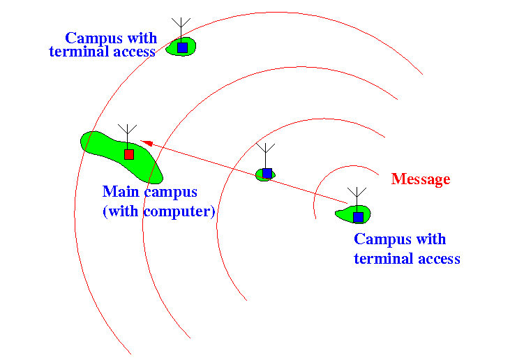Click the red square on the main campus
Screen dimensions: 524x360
tap(129, 154)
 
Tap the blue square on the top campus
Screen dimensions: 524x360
tap(183, 48)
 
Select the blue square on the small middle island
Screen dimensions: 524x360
tap(267, 173)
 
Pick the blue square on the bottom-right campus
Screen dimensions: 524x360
tap(358, 217)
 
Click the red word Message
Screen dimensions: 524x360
tap(421, 179)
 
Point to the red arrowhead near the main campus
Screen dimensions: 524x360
tap(147, 143)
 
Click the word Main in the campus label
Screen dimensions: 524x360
tap(121, 192)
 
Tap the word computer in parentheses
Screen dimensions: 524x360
tap(177, 211)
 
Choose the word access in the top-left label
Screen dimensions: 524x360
tap(135, 52)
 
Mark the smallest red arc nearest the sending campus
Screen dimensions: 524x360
tap(327, 177)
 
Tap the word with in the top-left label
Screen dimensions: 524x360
tap(142, 38)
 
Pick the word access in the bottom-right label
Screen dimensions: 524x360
tap(439, 259)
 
